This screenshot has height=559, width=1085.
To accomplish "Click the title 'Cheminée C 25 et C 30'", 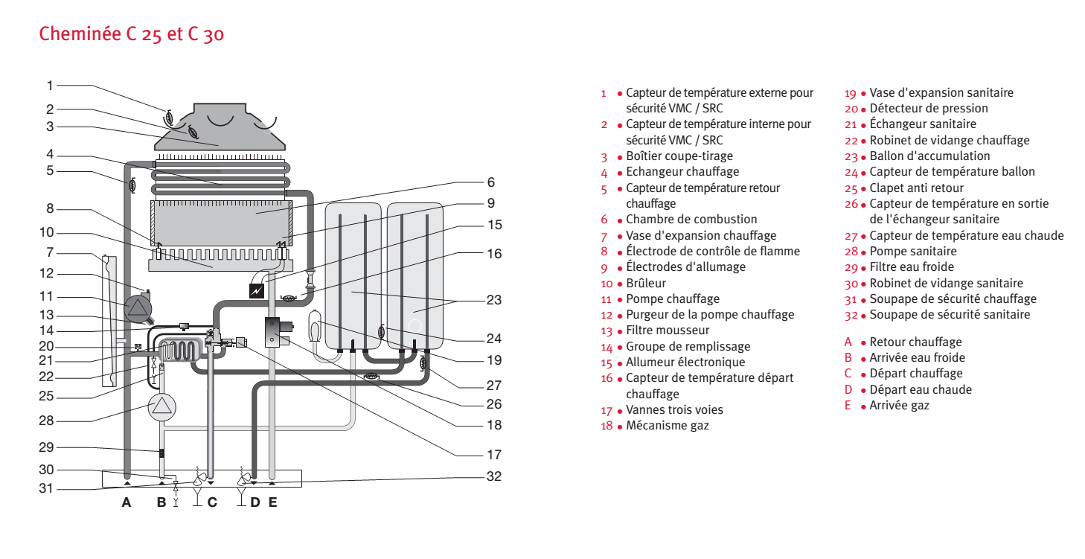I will (131, 34).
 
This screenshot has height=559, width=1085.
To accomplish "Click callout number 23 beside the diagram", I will (494, 300).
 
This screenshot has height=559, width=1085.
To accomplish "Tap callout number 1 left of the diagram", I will (50, 85).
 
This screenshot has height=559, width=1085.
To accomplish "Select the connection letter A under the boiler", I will (127, 502).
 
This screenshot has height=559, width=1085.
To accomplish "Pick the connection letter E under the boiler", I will (272, 502).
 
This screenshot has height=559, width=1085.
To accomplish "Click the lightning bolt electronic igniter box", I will (257, 290).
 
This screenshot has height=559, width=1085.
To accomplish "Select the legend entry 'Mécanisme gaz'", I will (667, 426).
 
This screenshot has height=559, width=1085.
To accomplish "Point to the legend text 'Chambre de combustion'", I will (691, 219).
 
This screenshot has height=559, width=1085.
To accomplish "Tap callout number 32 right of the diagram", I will (494, 476).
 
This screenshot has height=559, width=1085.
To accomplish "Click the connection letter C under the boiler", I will (212, 502).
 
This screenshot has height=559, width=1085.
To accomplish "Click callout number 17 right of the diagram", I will (494, 454).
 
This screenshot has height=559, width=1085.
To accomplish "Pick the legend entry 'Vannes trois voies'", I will (674, 409).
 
